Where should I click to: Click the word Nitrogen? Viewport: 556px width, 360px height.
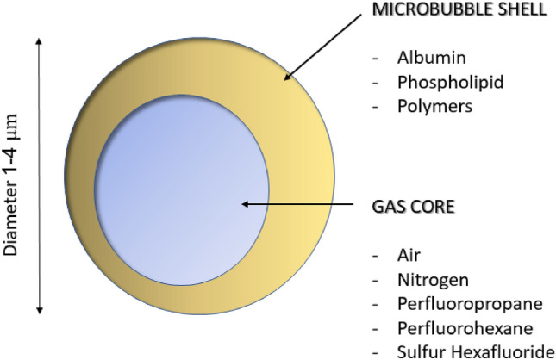coord(422,280)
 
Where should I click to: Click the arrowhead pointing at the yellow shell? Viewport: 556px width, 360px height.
coord(289,78)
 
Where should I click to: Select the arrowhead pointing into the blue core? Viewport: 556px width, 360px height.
coord(245,204)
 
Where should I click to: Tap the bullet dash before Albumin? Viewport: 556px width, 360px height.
coord(375,59)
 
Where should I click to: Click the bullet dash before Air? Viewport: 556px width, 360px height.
coord(375,256)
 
